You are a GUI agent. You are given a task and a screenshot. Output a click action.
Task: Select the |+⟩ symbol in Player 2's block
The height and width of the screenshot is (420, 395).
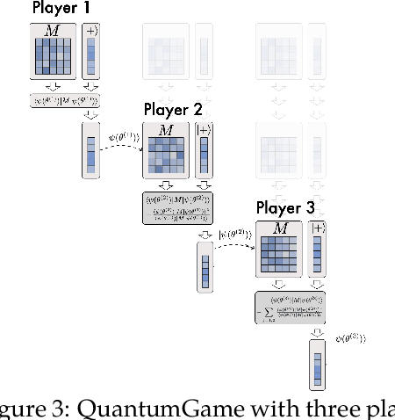click(x=204, y=131)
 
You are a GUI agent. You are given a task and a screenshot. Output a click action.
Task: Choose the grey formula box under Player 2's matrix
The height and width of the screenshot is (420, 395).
click(x=178, y=209)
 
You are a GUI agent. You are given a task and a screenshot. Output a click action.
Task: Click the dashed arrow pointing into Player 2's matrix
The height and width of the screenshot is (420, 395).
click(x=119, y=143)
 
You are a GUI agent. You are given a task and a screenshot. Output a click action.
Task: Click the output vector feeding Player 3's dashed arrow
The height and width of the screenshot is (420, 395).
click(x=205, y=267)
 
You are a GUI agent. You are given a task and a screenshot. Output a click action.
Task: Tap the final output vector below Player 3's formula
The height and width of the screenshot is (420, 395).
click(x=317, y=364)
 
